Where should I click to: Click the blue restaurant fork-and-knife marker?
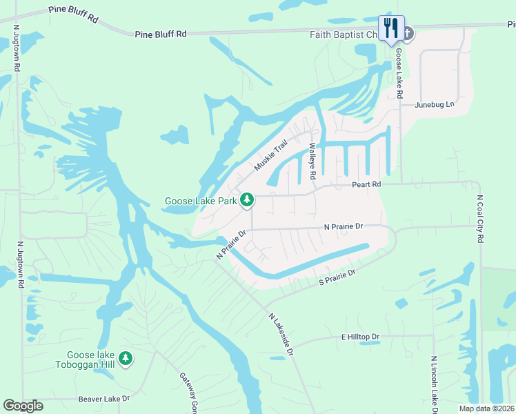pyautogui.click(x=391, y=28)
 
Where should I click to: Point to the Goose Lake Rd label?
pyautogui.click(x=399, y=77)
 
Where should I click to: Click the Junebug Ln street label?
pyautogui.click(x=435, y=105)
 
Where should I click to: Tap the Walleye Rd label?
pyautogui.click(x=312, y=161)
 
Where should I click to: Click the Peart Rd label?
pyautogui.click(x=366, y=185)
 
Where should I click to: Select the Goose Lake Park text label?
pyautogui.click(x=199, y=201)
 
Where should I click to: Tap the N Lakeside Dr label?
pyautogui.click(x=281, y=335)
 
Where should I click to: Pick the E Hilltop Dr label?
pyautogui.click(x=361, y=337)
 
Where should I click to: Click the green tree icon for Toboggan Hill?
pyautogui.click(x=125, y=357)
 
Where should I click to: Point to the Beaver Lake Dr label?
pyautogui.click(x=103, y=399)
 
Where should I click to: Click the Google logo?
pyautogui.click(x=23, y=406)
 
